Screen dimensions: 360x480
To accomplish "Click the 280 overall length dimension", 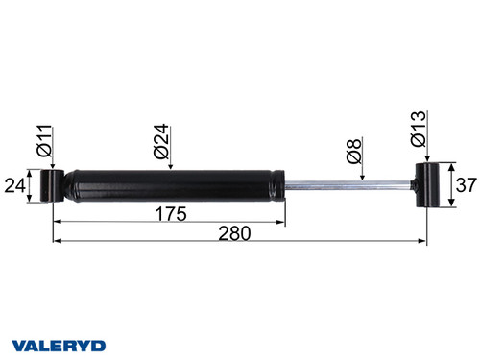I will pos(236,232).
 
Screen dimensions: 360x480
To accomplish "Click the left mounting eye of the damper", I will pos(53,185).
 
